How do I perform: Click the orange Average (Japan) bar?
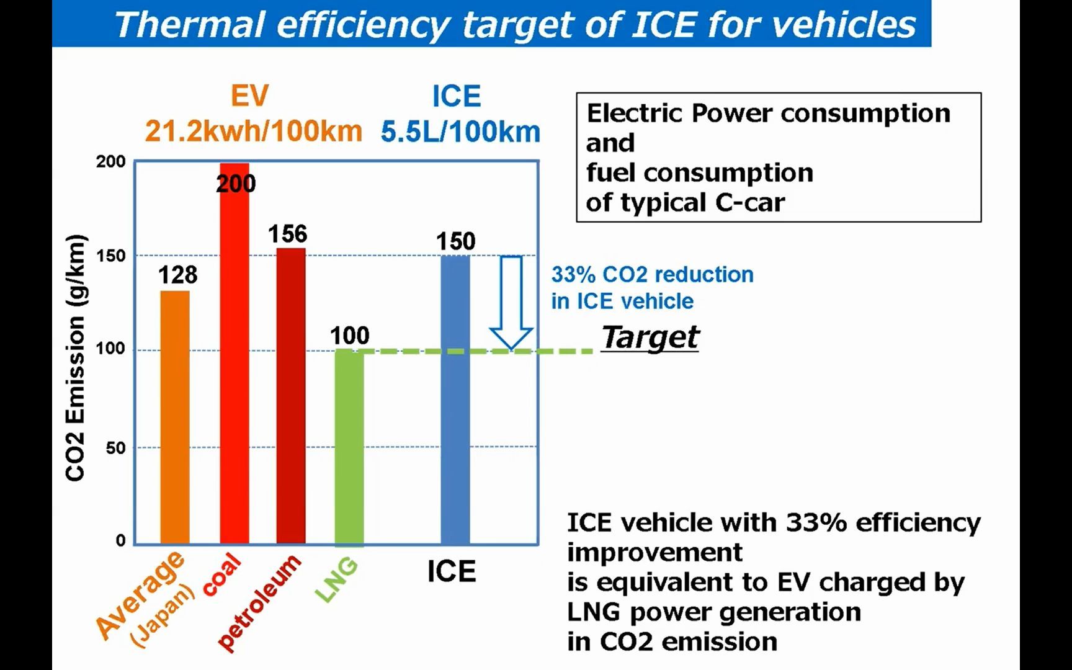[175, 418]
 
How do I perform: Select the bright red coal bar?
[234, 354]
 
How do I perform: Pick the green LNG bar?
[349, 447]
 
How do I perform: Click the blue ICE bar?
[455, 400]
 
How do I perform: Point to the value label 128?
[177, 275]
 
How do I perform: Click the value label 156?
[287, 234]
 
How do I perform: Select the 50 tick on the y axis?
[115, 447]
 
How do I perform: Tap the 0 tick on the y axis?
[120, 540]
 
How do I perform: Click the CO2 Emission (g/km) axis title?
[75, 357]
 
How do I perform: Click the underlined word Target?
[650, 337]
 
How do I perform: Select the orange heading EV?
[249, 96]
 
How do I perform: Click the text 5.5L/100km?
[460, 132]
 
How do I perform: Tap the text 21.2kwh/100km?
[254, 132]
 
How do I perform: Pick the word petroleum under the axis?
[259, 603]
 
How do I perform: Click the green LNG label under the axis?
[337, 579]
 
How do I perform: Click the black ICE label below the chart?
[451, 571]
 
